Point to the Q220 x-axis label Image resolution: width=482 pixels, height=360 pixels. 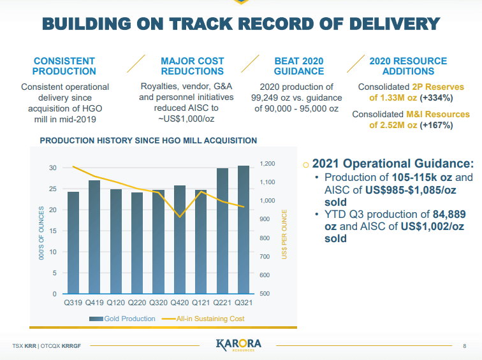(137, 303)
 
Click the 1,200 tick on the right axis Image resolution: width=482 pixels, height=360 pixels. (267, 164)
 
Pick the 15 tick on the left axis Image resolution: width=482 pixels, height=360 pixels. (52, 231)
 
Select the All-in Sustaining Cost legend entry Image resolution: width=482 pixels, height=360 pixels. (203, 319)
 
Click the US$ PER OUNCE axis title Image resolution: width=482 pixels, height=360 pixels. (285, 233)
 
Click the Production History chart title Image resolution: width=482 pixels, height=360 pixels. (149, 140)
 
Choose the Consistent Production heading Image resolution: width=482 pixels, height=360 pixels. (64, 66)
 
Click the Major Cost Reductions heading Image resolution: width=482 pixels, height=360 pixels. (192, 66)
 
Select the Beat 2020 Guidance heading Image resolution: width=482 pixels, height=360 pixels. (299, 66)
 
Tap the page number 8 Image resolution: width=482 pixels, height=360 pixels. (464, 346)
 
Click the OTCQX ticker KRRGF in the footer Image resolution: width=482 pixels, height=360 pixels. (75, 346)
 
